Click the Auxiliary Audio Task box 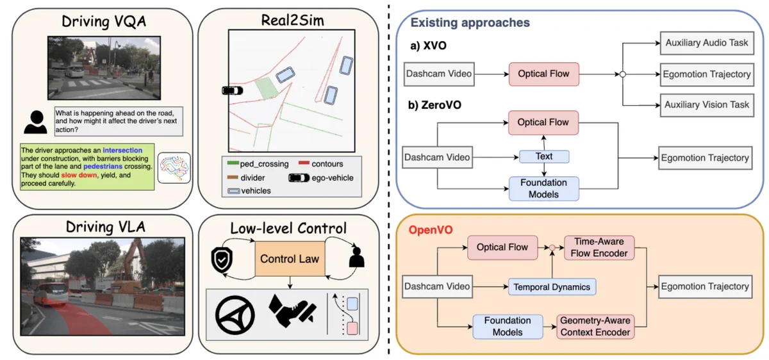[707, 44]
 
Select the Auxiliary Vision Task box [707, 105]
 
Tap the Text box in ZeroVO [544, 156]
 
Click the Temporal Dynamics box [552, 287]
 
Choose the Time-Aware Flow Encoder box [599, 247]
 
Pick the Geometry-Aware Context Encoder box [595, 327]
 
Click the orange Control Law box [290, 259]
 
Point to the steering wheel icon [235, 315]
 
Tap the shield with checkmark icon [222, 260]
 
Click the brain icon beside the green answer [174, 168]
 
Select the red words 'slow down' [79, 175]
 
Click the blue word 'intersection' [122, 151]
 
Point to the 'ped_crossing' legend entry [258, 164]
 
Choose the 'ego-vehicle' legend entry [321, 178]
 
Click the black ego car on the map [233, 90]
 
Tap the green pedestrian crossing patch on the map [267, 88]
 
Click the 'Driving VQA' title [104, 22]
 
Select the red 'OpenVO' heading [431, 229]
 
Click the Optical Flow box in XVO [544, 74]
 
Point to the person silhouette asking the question [36, 122]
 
